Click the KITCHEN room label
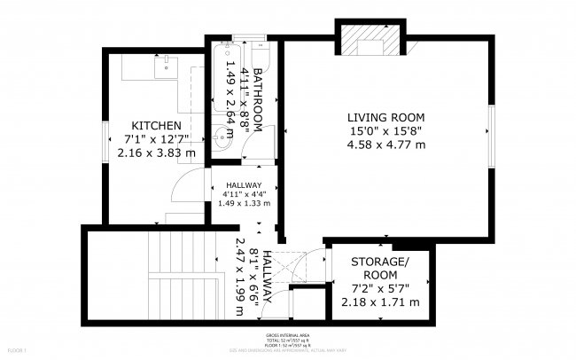click(157, 126)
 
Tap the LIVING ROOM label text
click(385, 117)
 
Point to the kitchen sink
click(166, 64)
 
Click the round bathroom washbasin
click(219, 138)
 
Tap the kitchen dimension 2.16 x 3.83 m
click(157, 153)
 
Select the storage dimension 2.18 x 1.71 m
click(379, 302)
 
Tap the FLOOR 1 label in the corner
click(13, 352)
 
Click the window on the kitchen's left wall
click(104, 137)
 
